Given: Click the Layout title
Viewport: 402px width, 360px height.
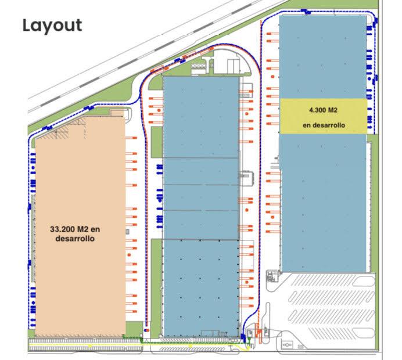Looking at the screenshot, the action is coord(52,26).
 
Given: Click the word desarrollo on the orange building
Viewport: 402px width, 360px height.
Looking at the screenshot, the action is coord(75,239).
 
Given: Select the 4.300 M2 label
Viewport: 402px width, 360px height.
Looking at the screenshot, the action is coord(323,110).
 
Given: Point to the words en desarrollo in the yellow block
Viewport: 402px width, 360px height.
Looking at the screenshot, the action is coord(324,125).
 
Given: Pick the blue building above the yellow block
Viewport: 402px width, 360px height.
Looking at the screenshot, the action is coord(323,57).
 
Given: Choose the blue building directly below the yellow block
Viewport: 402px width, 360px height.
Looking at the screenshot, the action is coord(324,203).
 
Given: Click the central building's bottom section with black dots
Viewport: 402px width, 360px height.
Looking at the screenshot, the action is coord(201,287).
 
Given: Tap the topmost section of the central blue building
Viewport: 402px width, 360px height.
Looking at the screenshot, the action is coord(201,117).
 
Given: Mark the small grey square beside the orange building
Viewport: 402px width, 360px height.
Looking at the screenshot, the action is coord(127,232).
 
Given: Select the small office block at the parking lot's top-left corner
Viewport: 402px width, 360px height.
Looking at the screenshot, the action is coord(272,276).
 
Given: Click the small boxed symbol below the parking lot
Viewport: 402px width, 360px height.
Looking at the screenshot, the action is coord(287,345).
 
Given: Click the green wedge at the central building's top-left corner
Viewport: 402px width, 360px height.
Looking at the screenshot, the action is coord(155,82).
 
